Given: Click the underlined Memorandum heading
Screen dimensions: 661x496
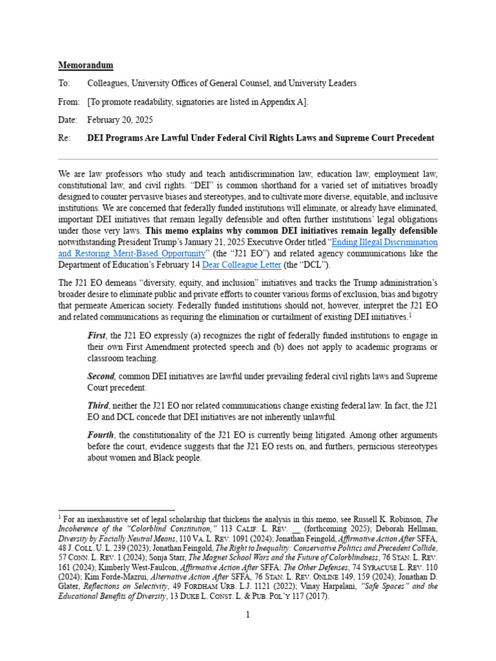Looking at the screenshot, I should [86, 65].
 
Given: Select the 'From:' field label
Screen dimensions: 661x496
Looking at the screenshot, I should [69, 101].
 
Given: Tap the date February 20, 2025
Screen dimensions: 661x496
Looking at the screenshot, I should [121, 119].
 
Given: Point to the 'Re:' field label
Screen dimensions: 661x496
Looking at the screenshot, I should [65, 137].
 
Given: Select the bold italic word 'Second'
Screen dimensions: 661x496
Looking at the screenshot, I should [102, 376].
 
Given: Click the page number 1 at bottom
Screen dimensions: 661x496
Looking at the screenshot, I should [248, 615].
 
